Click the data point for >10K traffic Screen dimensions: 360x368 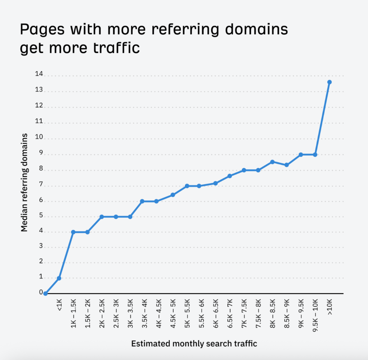click(x=329, y=82)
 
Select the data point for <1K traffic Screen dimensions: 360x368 click(x=59, y=278)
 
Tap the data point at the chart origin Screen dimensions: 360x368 click(x=45, y=293)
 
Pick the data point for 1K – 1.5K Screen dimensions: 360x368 click(x=73, y=232)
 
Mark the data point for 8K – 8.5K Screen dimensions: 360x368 click(x=272, y=162)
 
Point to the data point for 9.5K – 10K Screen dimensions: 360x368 click(x=315, y=155)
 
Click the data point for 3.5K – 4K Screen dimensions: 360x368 click(x=142, y=201)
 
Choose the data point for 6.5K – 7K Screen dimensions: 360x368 click(x=230, y=176)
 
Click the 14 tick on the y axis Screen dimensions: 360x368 click(x=39, y=74)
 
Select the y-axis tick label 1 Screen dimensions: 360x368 click(x=41, y=277)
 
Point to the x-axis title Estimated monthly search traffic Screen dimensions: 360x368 click(x=194, y=343)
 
